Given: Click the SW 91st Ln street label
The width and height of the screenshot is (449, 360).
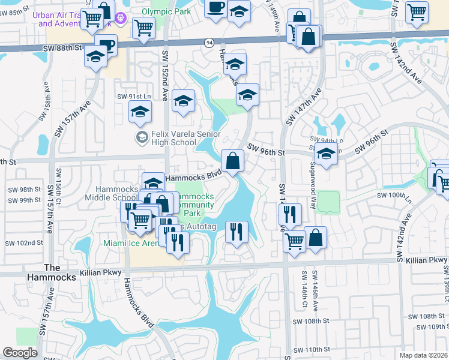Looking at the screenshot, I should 133,96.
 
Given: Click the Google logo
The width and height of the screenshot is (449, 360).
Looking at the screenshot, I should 20,353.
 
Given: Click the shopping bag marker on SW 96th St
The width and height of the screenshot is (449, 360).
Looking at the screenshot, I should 232,161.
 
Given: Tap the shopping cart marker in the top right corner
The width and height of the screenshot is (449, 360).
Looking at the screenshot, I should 417,12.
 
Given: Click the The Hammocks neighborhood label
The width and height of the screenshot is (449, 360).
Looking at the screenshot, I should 60,272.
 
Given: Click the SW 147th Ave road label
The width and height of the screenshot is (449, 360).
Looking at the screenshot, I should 304,107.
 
